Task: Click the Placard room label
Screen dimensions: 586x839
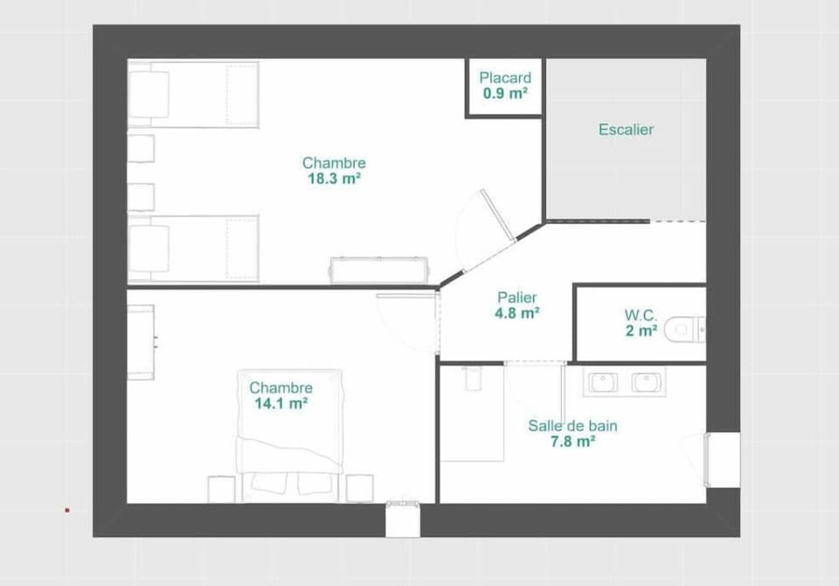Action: [x=504, y=78]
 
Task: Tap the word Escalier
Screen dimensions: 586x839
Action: [x=626, y=129]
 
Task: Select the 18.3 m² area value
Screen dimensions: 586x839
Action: [x=334, y=178]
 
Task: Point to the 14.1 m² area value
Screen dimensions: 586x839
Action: [x=281, y=403]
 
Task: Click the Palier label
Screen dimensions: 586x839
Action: [x=517, y=297]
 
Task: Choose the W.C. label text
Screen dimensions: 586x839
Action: [x=641, y=314]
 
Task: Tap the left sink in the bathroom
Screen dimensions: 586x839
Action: [x=603, y=382]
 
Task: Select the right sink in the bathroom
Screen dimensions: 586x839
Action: [x=647, y=382]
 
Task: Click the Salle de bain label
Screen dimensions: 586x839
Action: [x=572, y=426]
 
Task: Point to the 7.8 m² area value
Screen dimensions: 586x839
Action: [x=572, y=442]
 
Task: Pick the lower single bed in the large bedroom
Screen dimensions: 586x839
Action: [x=193, y=249]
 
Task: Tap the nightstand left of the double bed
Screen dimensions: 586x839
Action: [x=221, y=488]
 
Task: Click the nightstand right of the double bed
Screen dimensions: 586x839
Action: [x=359, y=488]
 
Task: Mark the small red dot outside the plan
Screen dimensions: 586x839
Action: [x=66, y=510]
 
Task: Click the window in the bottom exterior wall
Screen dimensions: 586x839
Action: [x=403, y=519]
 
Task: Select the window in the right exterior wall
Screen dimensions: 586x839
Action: [x=722, y=458]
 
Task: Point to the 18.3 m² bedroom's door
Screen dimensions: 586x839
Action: [x=498, y=216]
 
